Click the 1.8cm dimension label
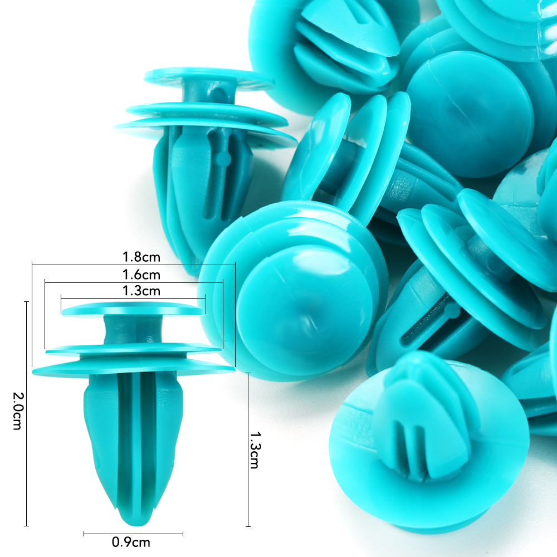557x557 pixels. point(141,257)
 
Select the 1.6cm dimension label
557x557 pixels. point(141,275)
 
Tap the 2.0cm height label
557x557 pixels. point(17,411)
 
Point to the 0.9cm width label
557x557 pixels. point(131,542)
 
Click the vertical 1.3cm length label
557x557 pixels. point(255,450)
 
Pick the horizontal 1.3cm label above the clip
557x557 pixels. point(141,291)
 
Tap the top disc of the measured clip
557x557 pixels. point(134,309)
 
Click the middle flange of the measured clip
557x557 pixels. point(134,350)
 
